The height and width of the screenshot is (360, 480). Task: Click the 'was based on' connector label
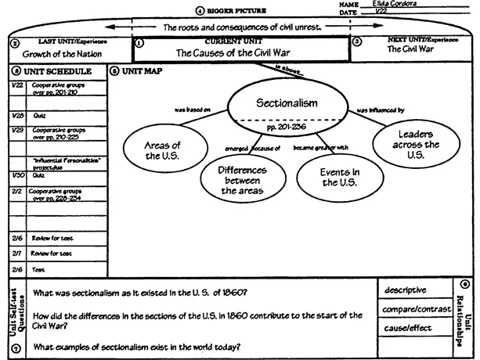click(x=191, y=110)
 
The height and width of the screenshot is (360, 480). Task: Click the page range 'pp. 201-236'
click(x=287, y=125)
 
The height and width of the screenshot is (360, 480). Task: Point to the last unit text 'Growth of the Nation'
click(x=58, y=55)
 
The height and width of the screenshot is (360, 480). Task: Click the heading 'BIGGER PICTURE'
click(x=238, y=12)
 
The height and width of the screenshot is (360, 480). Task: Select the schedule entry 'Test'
click(x=38, y=268)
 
